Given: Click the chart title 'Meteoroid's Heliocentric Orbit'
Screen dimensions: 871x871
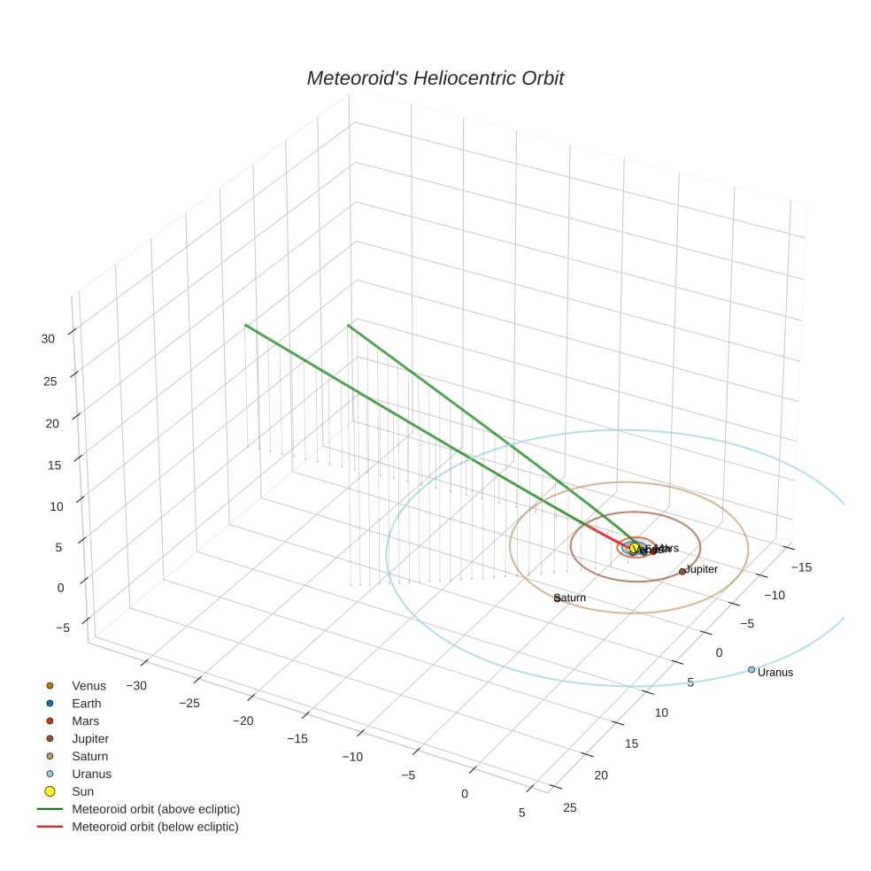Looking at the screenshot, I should tap(435, 78).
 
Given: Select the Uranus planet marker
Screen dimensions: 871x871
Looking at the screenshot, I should tap(752, 669).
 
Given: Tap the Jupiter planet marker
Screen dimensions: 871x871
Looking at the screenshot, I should tap(682, 571).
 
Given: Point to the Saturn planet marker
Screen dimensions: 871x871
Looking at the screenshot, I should tap(557, 598).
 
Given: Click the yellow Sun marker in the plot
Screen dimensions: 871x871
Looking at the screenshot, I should tap(633, 550).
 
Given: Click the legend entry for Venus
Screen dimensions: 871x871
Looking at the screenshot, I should tap(89, 685).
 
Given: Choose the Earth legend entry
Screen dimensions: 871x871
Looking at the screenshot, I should tap(87, 703).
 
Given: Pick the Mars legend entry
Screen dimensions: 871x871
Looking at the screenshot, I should tap(85, 721).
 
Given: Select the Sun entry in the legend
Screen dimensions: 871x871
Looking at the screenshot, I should tap(83, 791).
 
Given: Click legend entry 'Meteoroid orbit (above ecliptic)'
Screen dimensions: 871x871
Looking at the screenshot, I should tap(156, 809).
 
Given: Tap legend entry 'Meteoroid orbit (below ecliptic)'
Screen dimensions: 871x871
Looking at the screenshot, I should tap(155, 827).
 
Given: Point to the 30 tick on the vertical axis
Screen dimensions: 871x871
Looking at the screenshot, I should tap(48, 338).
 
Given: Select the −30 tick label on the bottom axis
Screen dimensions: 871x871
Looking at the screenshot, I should tap(136, 685).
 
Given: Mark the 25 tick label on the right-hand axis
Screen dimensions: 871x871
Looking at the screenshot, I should tap(570, 806).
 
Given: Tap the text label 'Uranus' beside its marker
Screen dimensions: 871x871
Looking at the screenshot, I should tap(775, 673).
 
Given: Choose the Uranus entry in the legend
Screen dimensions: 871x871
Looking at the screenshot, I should tap(91, 774).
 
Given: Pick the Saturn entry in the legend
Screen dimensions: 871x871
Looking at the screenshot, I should tap(89, 756).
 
